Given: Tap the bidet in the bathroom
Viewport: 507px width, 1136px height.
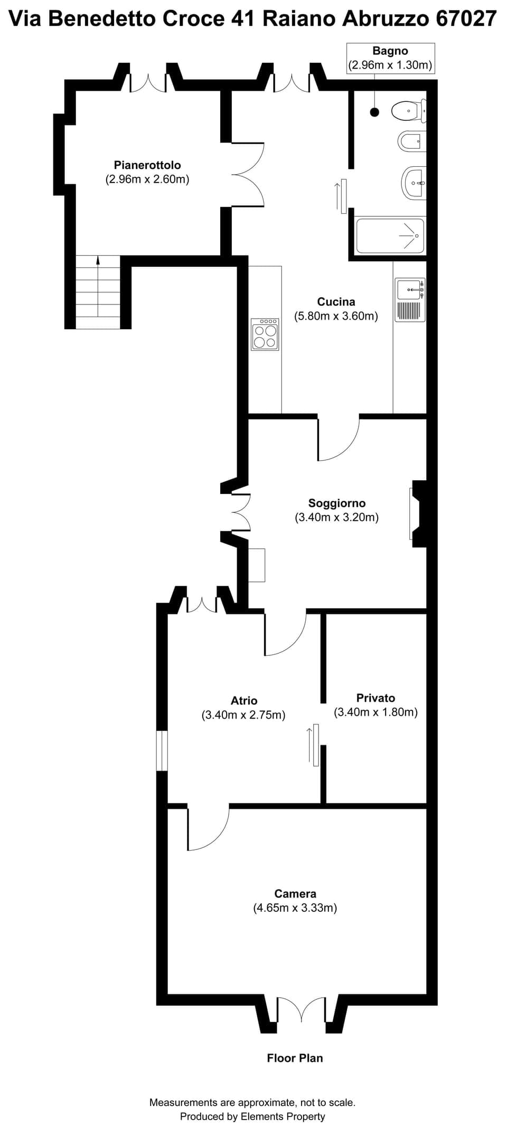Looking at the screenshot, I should pos(411,141).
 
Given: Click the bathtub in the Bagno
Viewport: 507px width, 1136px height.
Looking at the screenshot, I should pos(390,235).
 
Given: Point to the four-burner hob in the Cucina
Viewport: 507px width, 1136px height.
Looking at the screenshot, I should pos(265,335).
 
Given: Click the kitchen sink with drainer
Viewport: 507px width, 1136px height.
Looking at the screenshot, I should pos(410,300).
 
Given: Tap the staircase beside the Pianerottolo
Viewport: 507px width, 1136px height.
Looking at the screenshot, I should pos(98,292).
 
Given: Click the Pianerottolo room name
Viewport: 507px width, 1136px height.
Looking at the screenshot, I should pos(147,165).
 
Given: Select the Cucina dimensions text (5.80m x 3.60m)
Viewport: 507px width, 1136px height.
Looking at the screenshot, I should pos(336,316).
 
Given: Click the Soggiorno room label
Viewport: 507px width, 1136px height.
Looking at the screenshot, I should pos(337,503).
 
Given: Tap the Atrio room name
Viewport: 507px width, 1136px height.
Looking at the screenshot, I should pos(244,700).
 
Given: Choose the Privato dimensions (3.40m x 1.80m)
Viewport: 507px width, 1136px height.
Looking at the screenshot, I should pos(375,712).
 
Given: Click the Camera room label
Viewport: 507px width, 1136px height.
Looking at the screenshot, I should pos(295,893).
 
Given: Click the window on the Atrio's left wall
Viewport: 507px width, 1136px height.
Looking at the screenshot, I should pos(162,750).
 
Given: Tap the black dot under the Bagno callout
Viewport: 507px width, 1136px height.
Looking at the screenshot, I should pos(374,112).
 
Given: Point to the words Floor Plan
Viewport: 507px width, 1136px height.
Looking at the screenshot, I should pos(295,1057).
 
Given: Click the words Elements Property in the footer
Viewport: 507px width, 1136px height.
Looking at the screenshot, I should pos(283,1116).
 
